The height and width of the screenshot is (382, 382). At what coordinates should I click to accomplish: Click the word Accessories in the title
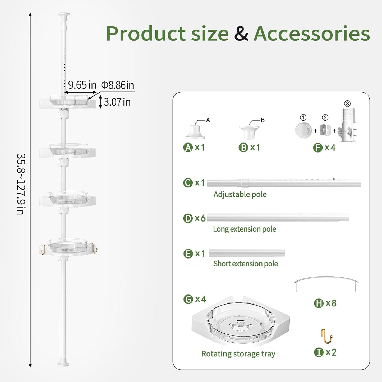(x=312, y=34)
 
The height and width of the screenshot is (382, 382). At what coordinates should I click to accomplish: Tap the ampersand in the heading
(x=241, y=34)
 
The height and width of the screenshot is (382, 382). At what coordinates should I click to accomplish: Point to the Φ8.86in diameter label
(x=118, y=85)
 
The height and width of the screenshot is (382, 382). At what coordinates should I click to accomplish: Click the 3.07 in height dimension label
(x=117, y=102)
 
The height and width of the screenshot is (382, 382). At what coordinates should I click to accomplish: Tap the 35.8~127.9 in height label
(x=21, y=184)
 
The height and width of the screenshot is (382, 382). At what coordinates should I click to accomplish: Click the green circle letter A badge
(x=188, y=148)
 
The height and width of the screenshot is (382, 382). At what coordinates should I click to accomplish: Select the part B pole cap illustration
(x=249, y=132)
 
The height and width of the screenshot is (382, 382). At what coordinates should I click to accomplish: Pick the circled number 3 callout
(x=347, y=104)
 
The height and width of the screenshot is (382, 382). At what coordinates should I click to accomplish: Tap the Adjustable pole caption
(x=240, y=194)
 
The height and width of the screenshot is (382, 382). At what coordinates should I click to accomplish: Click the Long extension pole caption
(x=245, y=229)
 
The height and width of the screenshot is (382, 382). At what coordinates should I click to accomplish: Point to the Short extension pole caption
(x=246, y=264)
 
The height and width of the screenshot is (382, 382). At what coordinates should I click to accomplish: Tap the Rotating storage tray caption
(x=238, y=354)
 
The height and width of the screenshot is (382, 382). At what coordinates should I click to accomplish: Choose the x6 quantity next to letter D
(x=200, y=218)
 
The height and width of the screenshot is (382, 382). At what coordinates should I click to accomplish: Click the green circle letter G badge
(x=188, y=299)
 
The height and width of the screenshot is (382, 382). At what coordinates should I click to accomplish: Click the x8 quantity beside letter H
(x=331, y=303)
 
